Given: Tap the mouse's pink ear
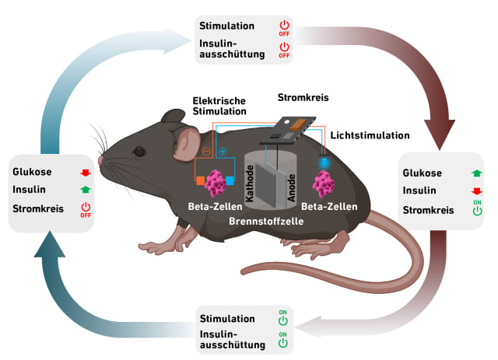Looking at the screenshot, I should click(x=186, y=140).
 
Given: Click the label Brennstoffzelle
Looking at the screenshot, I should click(x=268, y=222).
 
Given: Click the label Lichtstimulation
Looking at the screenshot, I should click(x=370, y=135).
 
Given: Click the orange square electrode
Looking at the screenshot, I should click(x=201, y=181).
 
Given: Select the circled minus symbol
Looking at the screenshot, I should click(x=206, y=152).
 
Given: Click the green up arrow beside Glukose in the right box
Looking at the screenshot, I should click(x=475, y=173).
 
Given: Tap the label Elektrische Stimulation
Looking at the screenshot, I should click(x=219, y=107).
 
